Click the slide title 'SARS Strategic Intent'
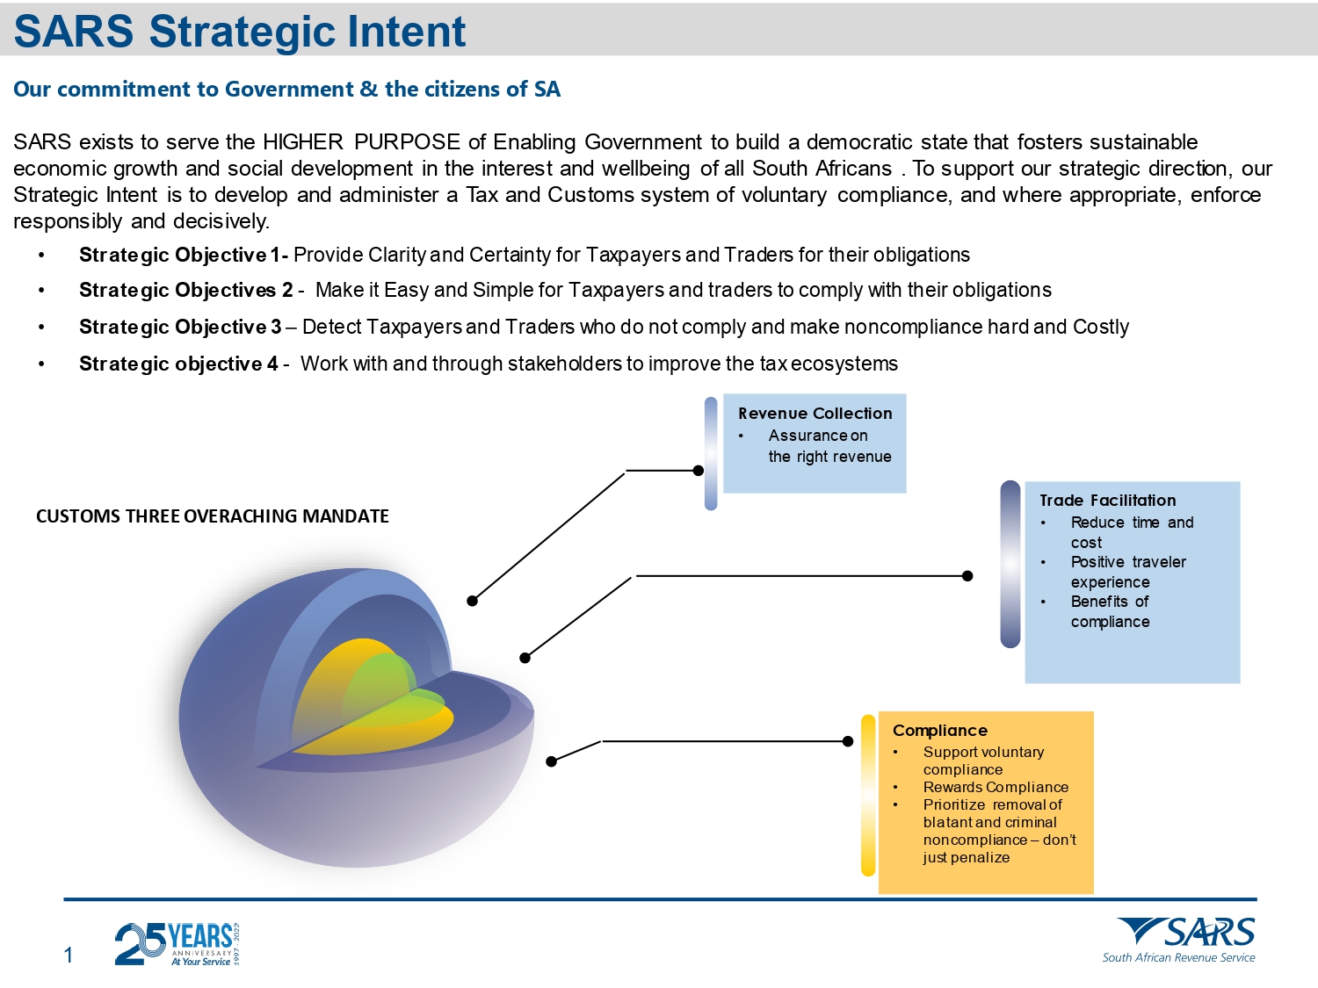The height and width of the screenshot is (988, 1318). tap(239, 32)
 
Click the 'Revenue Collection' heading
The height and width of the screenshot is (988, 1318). tap(815, 414)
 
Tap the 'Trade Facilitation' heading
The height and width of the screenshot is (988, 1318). tap(1107, 501)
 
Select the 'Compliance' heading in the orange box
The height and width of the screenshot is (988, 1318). tap(939, 731)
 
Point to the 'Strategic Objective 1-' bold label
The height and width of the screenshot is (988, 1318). tap(183, 256)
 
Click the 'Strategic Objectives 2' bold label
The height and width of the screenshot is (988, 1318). tap(185, 291)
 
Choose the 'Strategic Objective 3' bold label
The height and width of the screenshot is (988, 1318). tap(180, 328)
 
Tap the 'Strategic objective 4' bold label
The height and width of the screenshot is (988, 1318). tap(178, 364)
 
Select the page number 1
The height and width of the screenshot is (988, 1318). tap(69, 956)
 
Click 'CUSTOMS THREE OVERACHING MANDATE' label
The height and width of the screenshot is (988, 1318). tap(213, 516)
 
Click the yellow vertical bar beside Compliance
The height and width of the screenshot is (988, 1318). tap(868, 796)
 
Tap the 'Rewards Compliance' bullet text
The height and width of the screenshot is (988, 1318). tap(996, 788)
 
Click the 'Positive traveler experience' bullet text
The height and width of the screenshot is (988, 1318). tap(1127, 572)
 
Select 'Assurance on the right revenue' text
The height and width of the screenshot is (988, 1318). tap(829, 446)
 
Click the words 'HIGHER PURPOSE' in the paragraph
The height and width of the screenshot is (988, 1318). tap(361, 142)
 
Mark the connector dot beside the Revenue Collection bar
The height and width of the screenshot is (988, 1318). tap(699, 471)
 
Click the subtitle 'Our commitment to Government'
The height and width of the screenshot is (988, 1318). tap(286, 90)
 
